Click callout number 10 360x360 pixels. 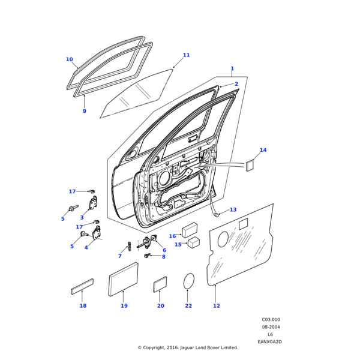[x=69, y=59]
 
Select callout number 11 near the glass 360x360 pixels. [x=186, y=55]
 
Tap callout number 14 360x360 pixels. [x=263, y=150]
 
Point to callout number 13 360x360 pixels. [x=233, y=209]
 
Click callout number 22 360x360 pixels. [x=188, y=306]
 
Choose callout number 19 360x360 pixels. [x=124, y=306]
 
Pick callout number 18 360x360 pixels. [x=83, y=306]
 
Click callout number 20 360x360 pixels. [x=160, y=306]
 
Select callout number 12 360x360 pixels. [x=217, y=306]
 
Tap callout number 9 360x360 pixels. [x=84, y=111]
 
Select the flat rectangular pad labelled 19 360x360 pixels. [x=123, y=279]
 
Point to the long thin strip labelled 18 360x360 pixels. [x=83, y=286]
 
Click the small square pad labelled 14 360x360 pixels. [x=250, y=166]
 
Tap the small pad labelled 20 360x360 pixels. [x=160, y=284]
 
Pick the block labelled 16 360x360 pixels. [x=190, y=230]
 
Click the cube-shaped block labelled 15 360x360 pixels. [x=194, y=242]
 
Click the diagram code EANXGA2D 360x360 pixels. [x=269, y=341]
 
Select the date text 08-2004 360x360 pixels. [x=271, y=327]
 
